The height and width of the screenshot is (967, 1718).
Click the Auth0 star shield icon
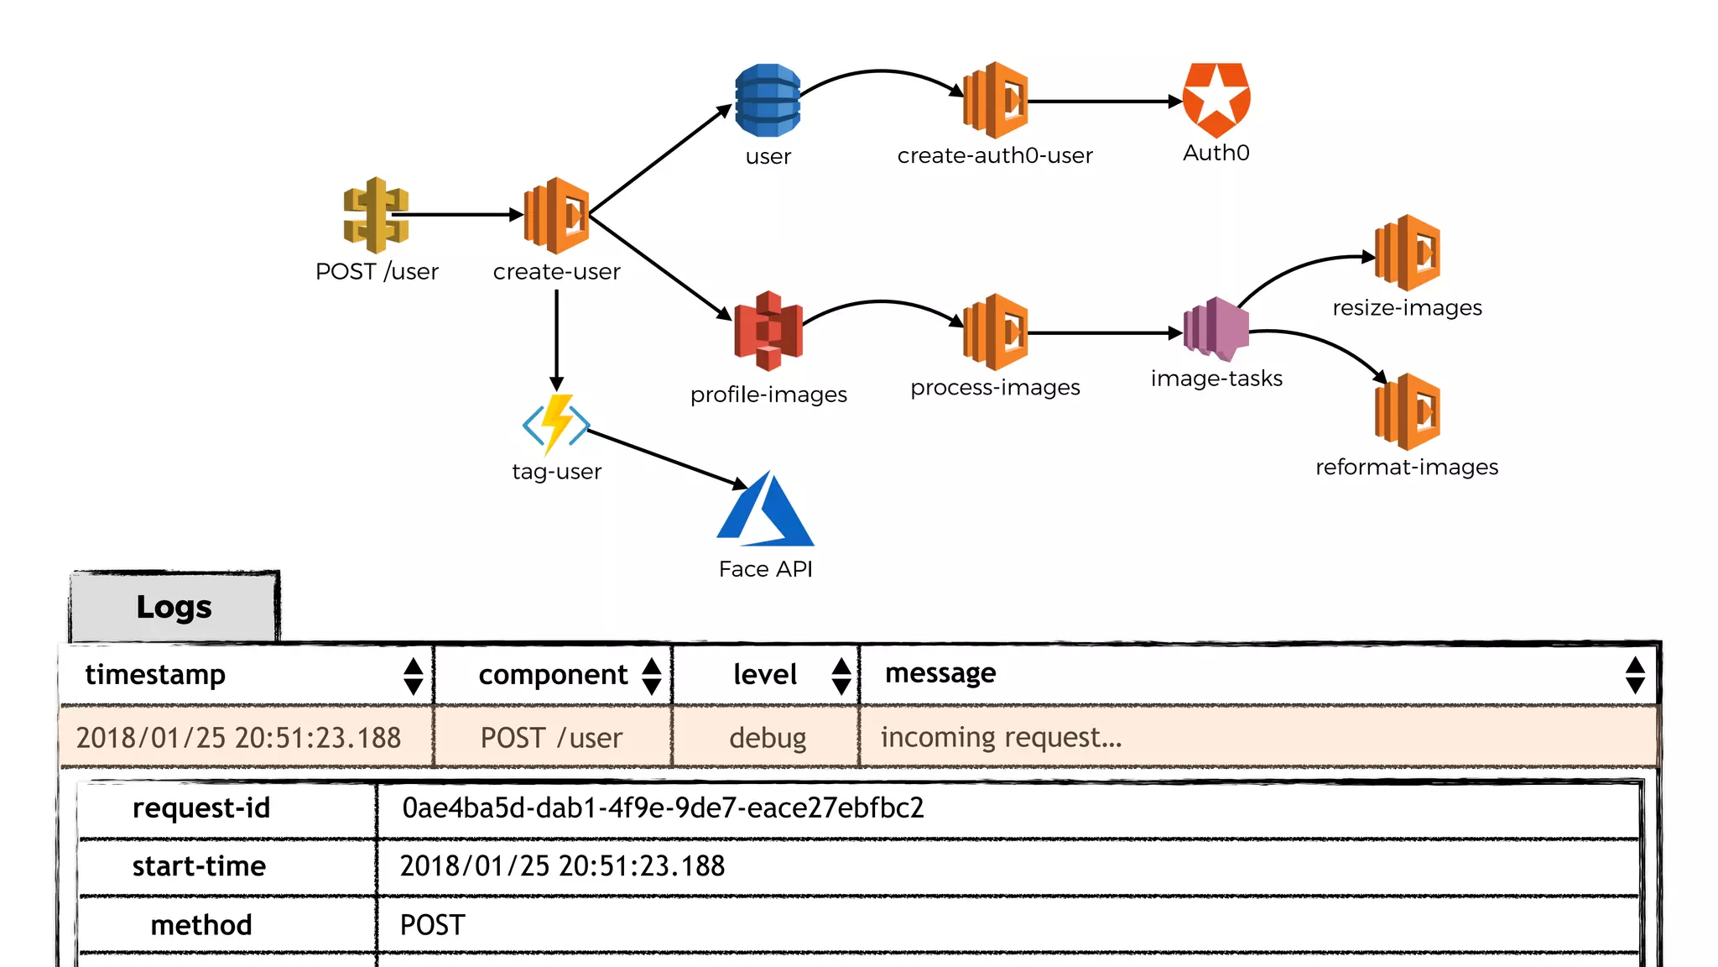(1216, 100)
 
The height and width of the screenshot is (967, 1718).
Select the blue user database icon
(767, 101)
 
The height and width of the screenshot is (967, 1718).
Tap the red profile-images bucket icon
(768, 331)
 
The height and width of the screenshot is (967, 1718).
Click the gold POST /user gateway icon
(376, 215)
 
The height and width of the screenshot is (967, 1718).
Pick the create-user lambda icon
(556, 216)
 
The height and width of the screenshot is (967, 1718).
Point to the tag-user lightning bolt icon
(556, 423)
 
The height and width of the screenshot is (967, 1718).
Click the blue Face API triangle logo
(765, 510)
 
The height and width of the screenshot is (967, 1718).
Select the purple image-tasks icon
(1216, 328)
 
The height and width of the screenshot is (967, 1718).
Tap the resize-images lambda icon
(1407, 253)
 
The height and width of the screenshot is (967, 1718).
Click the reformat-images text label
(1406, 467)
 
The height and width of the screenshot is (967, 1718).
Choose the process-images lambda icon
(995, 332)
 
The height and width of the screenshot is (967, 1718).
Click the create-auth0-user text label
(995, 155)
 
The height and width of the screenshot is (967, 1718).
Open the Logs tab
(174, 607)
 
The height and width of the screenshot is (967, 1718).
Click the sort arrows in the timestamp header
(413, 676)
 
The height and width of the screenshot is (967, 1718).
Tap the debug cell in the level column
(767, 738)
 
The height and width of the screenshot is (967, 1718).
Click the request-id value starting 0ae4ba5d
(663, 808)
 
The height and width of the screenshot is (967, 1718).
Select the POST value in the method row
(432, 925)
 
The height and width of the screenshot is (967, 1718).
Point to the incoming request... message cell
(1001, 737)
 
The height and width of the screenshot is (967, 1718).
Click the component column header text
(553, 675)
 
